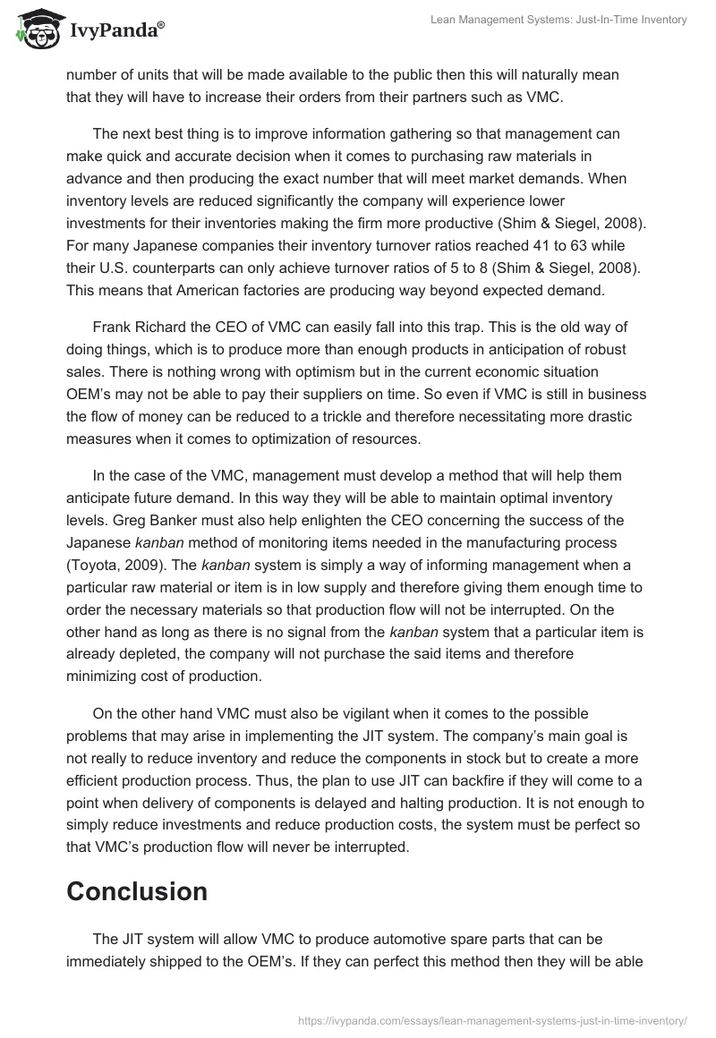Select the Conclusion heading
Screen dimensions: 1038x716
137,891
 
